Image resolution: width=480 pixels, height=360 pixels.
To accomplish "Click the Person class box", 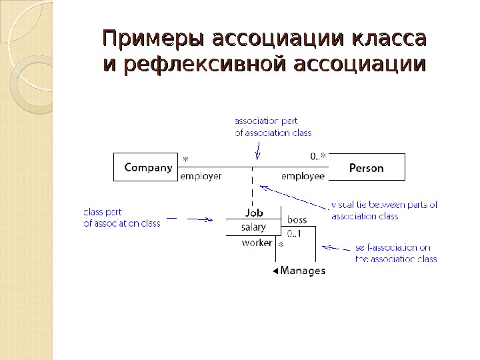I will click(366, 167).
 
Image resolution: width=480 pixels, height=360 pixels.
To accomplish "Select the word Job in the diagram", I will click(254, 213).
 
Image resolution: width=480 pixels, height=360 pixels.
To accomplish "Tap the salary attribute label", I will click(253, 227).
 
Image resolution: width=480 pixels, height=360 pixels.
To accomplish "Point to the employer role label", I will click(201, 177).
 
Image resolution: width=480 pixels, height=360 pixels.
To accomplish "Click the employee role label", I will click(303, 177).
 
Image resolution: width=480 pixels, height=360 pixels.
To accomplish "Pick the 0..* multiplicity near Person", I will click(318, 157).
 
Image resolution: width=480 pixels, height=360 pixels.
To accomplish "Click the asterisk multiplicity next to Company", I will click(185, 159).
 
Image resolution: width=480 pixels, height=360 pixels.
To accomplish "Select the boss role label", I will click(297, 219).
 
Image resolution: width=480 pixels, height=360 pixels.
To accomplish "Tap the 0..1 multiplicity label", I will click(294, 233).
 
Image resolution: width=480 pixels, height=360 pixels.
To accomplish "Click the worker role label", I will click(257, 243).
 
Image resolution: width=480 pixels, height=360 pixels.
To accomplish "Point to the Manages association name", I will click(303, 271).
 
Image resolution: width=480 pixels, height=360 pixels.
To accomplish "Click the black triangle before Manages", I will click(275, 271).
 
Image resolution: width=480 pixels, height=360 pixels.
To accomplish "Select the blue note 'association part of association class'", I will click(273, 127).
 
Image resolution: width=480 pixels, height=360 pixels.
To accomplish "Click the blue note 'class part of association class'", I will click(121, 218).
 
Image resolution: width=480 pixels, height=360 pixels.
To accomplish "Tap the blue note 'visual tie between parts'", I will click(384, 210).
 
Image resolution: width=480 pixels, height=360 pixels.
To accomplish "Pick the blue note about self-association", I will click(395, 253).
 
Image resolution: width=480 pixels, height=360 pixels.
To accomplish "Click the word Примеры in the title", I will click(153, 38).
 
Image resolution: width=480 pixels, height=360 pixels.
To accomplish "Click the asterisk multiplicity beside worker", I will click(281, 246).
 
